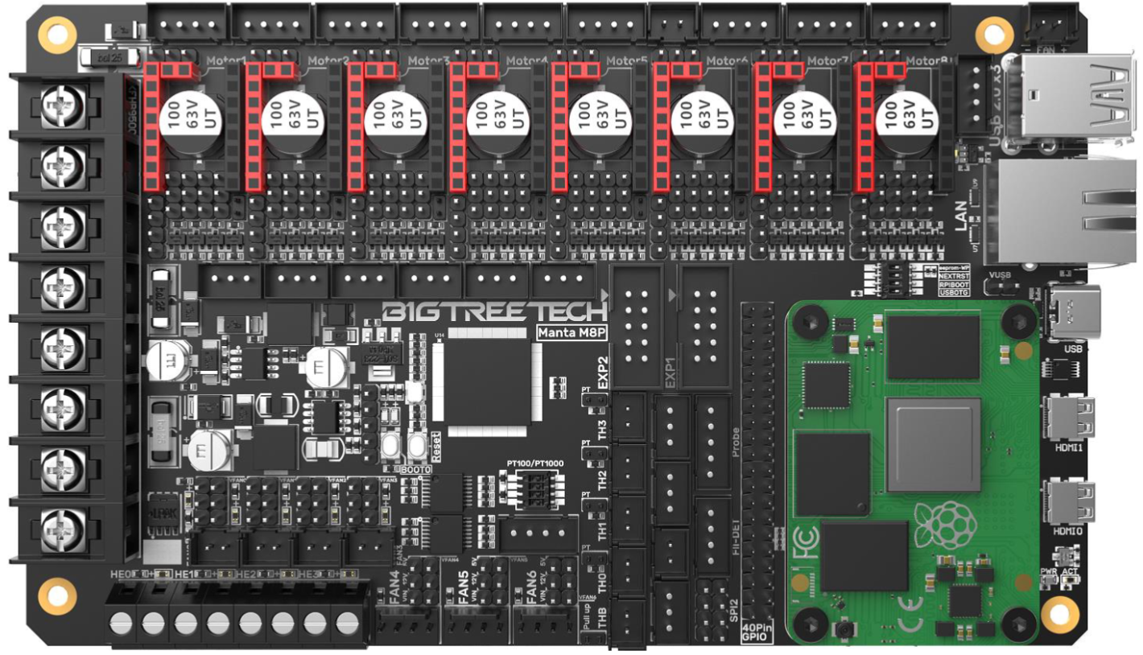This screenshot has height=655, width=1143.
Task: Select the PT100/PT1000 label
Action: tap(538, 464)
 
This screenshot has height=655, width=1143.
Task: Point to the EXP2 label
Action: tap(604, 372)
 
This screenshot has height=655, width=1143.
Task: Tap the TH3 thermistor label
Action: tap(602, 429)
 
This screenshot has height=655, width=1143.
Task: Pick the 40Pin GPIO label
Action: tap(757, 632)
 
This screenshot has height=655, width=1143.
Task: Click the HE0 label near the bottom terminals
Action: tap(118, 574)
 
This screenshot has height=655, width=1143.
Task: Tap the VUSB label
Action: tap(1000, 275)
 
